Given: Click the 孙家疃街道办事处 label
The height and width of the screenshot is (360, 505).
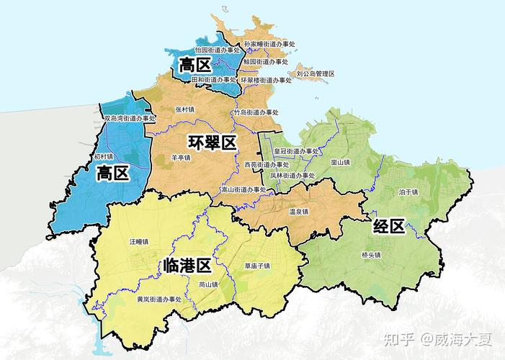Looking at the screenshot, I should [271, 43].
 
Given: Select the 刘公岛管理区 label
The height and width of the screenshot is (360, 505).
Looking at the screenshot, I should [316, 73].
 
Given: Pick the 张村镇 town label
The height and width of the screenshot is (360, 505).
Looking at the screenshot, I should [185, 109].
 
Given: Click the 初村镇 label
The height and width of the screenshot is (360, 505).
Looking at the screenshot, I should [104, 156].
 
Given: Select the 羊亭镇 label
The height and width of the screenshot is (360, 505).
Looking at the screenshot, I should [181, 157].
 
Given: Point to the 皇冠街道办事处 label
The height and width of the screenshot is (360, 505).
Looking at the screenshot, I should [296, 151].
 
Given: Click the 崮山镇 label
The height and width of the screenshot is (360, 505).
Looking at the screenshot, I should [340, 162].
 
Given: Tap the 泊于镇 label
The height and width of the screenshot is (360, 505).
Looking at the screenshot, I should [408, 192].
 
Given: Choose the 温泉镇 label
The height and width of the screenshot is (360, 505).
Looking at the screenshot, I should [298, 212].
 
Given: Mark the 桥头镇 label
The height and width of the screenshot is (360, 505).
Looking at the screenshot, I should [372, 255].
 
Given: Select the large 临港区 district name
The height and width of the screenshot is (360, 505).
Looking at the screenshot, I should [187, 266].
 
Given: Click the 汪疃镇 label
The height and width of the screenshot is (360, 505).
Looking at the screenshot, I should [138, 241].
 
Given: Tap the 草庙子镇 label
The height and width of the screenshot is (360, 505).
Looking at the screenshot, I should [256, 266].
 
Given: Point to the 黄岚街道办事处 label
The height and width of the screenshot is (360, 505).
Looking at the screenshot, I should [161, 298].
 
